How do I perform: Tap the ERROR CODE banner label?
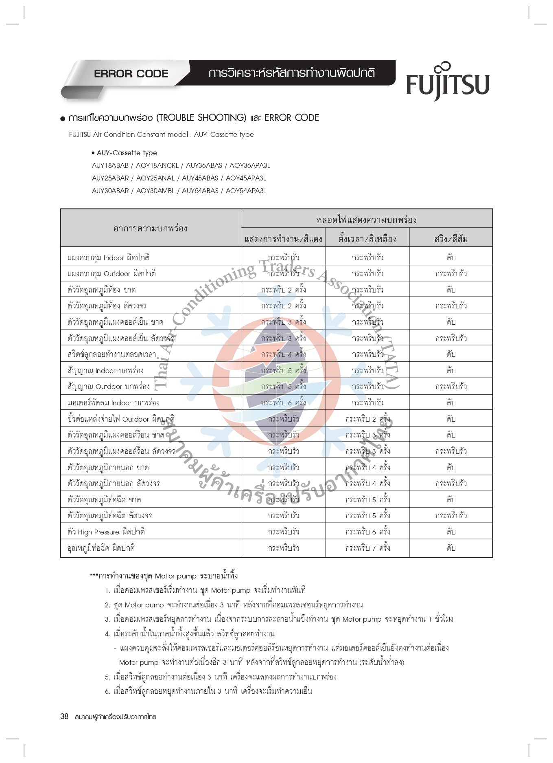131,74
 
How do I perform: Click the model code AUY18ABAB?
110,165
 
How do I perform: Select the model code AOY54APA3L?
246,191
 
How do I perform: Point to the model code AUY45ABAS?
200,178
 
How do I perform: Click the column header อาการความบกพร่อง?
150,228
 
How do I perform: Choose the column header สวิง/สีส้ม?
450,239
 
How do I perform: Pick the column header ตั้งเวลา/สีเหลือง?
367,239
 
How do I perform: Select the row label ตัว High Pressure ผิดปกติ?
106,532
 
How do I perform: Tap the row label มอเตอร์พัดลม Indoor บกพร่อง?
114,402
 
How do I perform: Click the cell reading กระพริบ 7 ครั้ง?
367,548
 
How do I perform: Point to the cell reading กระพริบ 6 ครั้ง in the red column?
283,402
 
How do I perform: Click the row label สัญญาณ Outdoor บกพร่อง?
109,386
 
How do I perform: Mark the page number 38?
64,716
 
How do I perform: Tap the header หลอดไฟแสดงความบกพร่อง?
366,220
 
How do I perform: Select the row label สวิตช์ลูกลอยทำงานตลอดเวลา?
112,354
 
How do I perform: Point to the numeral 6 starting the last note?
107,691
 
